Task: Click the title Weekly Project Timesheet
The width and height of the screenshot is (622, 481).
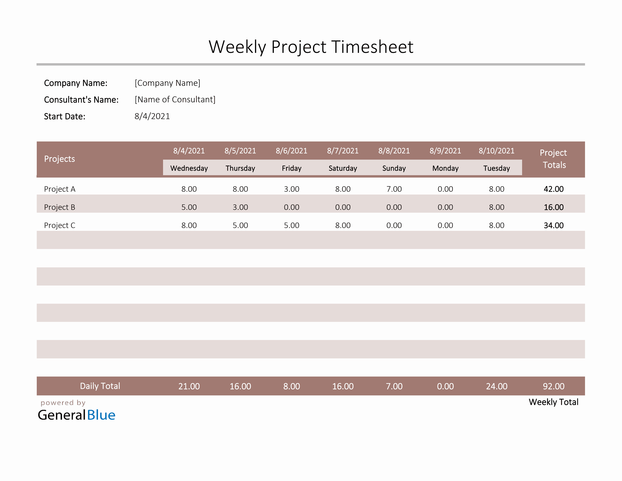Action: click(311, 47)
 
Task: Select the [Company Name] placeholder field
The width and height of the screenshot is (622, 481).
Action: click(168, 83)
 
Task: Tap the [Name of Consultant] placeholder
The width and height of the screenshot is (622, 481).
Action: click(175, 100)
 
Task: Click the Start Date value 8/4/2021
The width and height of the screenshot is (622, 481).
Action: click(152, 116)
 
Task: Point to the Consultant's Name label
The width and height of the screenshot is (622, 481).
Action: click(81, 100)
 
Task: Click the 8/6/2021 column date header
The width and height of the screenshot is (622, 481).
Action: click(291, 151)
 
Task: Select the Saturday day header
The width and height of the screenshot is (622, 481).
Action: click(343, 168)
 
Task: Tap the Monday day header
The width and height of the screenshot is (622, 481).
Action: click(445, 168)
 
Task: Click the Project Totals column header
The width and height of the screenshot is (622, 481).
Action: click(553, 159)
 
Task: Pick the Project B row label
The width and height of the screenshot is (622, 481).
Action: click(60, 207)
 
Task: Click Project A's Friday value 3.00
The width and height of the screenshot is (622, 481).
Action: click(291, 189)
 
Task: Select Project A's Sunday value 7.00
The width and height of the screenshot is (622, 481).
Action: click(394, 189)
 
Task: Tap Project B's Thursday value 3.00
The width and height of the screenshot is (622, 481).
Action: click(240, 207)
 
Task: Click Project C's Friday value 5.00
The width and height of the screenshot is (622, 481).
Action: click(291, 225)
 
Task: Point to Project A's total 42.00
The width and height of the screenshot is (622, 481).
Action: click(553, 189)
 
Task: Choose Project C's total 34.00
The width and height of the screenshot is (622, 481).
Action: click(553, 225)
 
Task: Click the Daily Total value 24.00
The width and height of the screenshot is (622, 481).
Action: click(496, 386)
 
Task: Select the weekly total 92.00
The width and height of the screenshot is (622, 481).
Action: click(553, 386)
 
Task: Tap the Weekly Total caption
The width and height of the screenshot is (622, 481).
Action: click(553, 402)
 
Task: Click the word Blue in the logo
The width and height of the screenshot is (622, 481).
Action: click(101, 415)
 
